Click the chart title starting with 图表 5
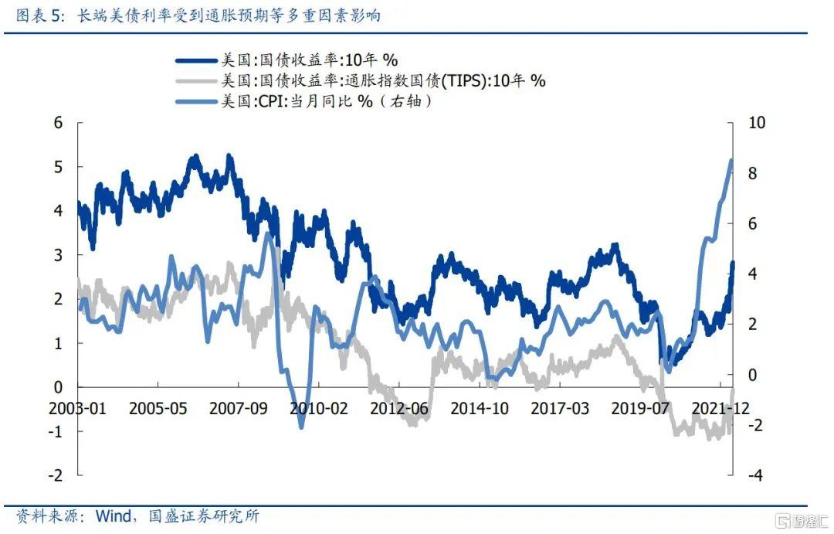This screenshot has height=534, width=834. tap(192, 15)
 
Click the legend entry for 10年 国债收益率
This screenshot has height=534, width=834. tap(309, 59)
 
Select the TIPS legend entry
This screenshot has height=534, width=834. tap(382, 80)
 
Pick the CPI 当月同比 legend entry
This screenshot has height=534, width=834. tap(324, 100)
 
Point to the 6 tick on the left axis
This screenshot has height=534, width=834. tap(57, 123)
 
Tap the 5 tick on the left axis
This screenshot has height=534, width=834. tap(57, 167)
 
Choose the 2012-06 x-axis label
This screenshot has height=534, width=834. tap(397, 408)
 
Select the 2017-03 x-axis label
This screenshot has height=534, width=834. tap(558, 408)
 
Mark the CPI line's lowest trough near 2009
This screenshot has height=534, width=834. tap(301, 427)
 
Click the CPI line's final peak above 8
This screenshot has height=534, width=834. tap(731, 160)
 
